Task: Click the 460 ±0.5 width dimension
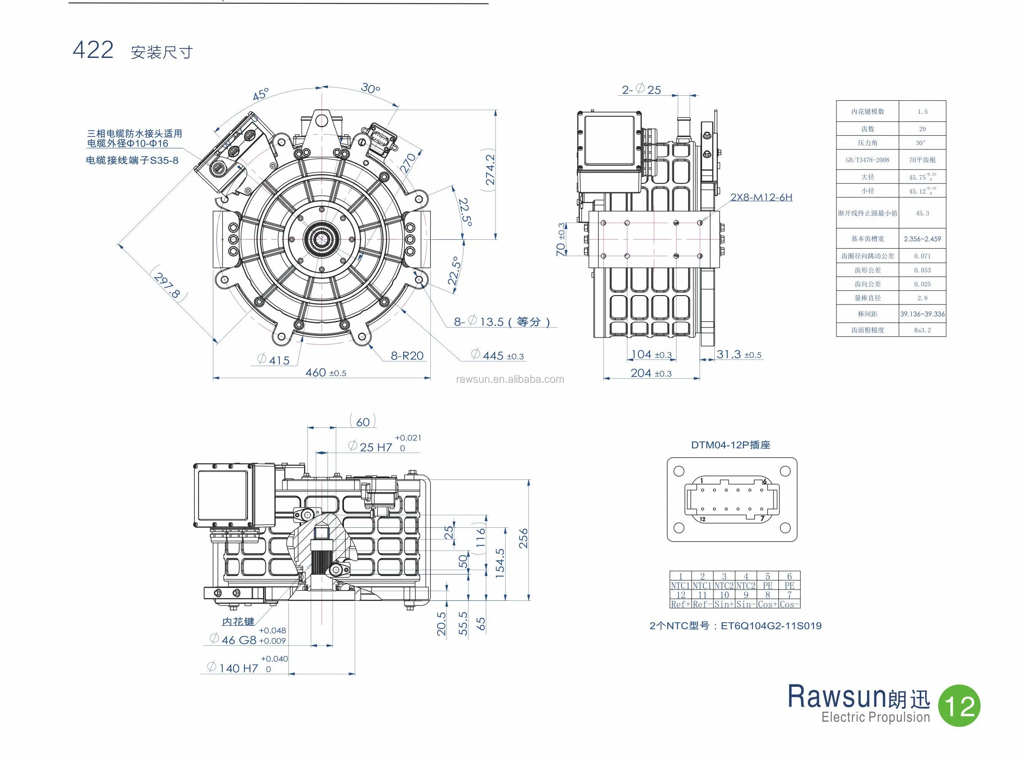pos(325,373)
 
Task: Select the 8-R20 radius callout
pos(407,356)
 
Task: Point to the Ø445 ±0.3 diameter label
pos(498,355)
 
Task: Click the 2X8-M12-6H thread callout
pos(761,197)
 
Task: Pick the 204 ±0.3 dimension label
pos(650,373)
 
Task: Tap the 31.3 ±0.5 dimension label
pos(739,354)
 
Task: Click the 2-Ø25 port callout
pos(641,90)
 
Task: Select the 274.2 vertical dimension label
pos(490,169)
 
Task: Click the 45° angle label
pos(261,94)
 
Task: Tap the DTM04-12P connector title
pos(730,445)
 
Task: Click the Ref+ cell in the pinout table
pos(680,604)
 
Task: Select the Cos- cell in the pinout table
pos(789,604)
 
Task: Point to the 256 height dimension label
pos(523,538)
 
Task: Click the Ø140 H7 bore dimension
pos(238,668)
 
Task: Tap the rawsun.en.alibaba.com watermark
pos(509,380)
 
